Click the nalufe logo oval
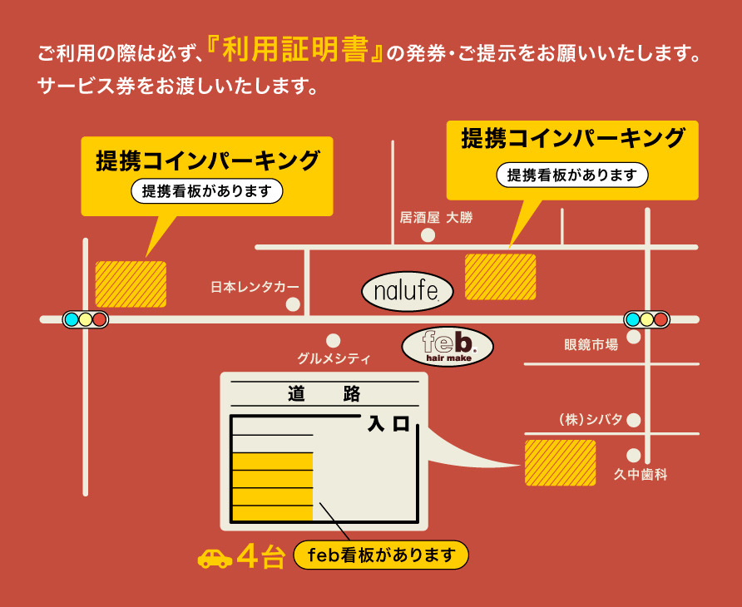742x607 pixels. click(x=408, y=291)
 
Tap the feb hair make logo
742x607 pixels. click(x=448, y=346)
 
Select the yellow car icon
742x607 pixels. click(x=215, y=557)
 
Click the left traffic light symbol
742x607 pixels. click(x=86, y=319)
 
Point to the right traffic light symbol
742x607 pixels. click(x=647, y=319)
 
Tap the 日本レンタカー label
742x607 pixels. click(x=254, y=287)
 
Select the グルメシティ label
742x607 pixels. click(x=334, y=359)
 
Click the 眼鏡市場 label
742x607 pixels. click(x=591, y=344)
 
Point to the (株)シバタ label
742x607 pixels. click(x=590, y=419)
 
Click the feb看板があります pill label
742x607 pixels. click(x=382, y=555)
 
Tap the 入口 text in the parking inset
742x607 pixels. click(x=389, y=425)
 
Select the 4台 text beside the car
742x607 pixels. click(x=261, y=556)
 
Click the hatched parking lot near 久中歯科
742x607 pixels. click(x=560, y=463)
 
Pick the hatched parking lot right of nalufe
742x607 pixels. click(x=500, y=277)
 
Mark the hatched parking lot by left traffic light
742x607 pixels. click(x=131, y=284)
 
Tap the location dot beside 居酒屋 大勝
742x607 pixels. click(x=428, y=235)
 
